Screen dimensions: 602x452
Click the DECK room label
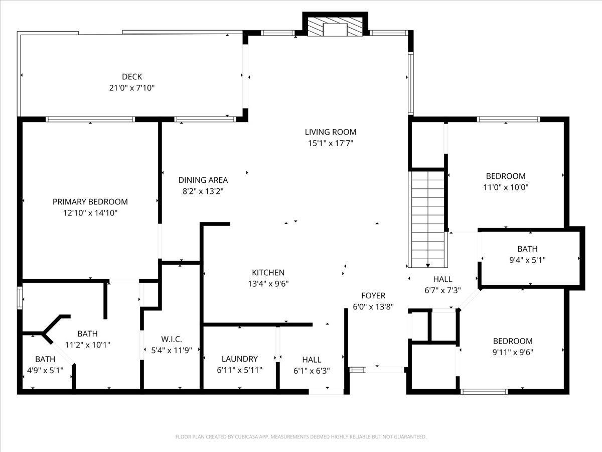[x=132, y=76]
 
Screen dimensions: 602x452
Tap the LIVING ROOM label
[x=331, y=132]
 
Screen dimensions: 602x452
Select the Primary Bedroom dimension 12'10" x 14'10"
[x=90, y=213]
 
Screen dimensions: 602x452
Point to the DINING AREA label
[x=203, y=180]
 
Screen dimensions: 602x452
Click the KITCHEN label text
[x=268, y=273]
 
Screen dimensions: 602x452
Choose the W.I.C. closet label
[x=172, y=339]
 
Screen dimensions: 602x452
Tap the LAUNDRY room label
[x=240, y=359]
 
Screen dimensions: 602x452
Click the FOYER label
[x=373, y=296]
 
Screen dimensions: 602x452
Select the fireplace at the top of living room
[x=335, y=27]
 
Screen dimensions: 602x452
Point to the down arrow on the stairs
[x=428, y=265]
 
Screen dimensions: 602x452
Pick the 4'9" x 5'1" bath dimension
[x=45, y=371]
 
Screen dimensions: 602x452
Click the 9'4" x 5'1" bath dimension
[x=527, y=260]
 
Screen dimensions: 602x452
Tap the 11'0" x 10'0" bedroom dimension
[x=506, y=187]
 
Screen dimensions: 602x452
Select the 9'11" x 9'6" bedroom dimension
[x=513, y=353]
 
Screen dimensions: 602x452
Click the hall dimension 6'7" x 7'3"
[x=442, y=290]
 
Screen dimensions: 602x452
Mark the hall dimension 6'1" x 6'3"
[x=312, y=371]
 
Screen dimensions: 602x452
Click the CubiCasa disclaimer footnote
[x=301, y=436]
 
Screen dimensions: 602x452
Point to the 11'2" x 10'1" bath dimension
[x=87, y=345]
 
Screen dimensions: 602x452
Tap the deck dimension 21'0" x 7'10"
[x=132, y=88]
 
